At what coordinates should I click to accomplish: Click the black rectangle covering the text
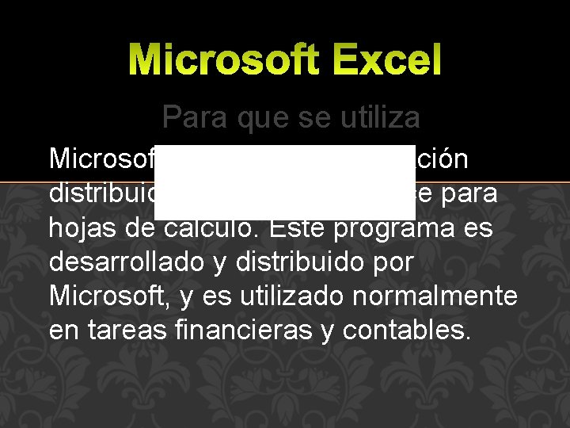[285, 182]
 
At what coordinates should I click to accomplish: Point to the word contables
[406, 331]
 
